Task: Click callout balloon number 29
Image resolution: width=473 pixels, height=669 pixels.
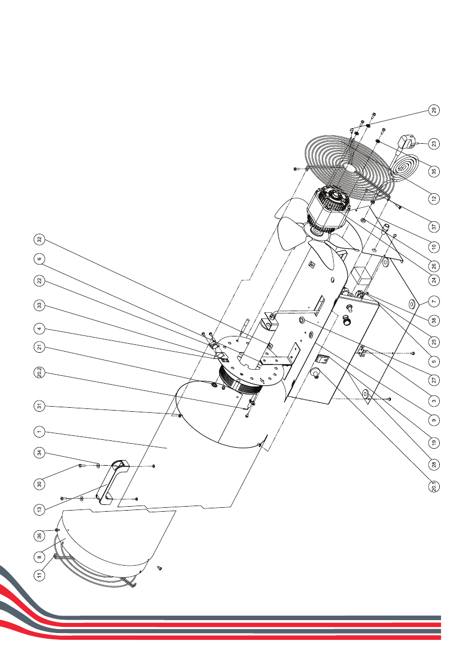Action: pyautogui.click(x=434, y=110)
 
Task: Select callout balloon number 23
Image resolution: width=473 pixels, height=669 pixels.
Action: pyautogui.click(x=434, y=144)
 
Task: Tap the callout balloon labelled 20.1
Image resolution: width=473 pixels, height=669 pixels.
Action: pyautogui.click(x=434, y=486)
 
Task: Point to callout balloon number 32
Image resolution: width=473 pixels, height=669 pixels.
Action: pyautogui.click(x=39, y=239)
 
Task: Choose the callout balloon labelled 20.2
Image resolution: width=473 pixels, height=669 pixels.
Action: pyautogui.click(x=39, y=372)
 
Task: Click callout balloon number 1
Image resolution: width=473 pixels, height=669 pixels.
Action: pyautogui.click(x=39, y=432)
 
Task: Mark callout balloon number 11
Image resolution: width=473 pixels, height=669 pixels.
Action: pyautogui.click(x=39, y=575)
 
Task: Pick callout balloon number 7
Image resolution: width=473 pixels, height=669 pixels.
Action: pyautogui.click(x=434, y=301)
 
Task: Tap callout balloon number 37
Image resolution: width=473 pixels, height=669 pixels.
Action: pyautogui.click(x=434, y=226)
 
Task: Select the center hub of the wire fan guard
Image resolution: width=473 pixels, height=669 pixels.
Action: pyautogui.click(x=352, y=169)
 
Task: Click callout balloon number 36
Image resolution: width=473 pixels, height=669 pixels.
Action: pyautogui.click(x=39, y=535)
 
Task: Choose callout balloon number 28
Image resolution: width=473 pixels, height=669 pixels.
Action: pyautogui.click(x=434, y=464)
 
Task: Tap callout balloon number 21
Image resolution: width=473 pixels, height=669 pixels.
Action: pyautogui.click(x=39, y=347)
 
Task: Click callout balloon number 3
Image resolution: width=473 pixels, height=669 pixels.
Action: pyautogui.click(x=434, y=401)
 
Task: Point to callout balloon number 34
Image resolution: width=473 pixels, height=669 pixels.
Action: pyautogui.click(x=39, y=453)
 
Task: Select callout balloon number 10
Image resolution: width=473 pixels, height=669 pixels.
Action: pyautogui.click(x=434, y=247)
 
